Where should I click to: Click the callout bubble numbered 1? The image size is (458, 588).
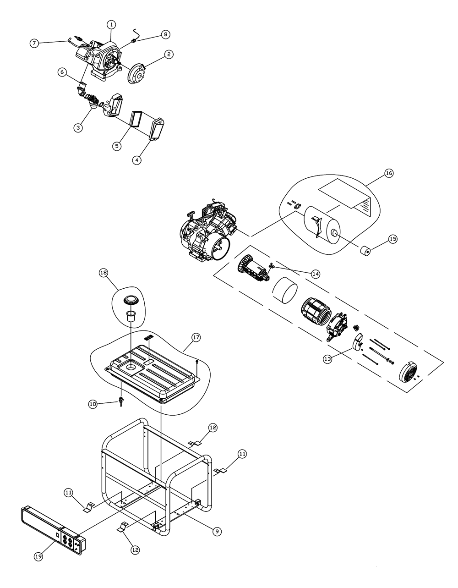click(111, 25)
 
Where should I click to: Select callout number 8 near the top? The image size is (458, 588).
click(165, 34)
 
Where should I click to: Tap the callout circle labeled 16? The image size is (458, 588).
click(389, 173)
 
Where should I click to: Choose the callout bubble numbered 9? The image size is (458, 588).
click(217, 531)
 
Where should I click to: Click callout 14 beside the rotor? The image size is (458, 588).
click(315, 274)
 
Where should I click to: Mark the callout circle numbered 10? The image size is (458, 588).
click(93, 404)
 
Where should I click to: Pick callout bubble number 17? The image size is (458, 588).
click(196, 337)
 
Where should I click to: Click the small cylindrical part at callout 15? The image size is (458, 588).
click(365, 251)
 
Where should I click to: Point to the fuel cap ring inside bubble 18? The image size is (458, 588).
click(131, 300)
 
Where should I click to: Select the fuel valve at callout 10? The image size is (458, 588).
click(120, 400)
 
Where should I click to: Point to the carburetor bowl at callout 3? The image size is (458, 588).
click(93, 104)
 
